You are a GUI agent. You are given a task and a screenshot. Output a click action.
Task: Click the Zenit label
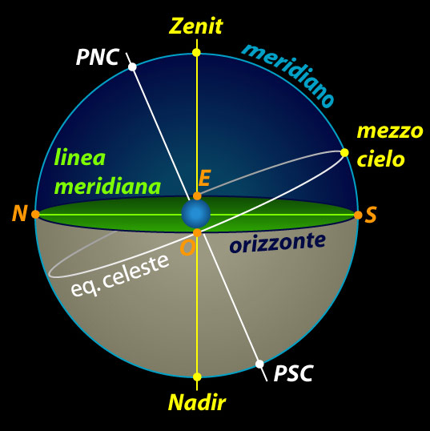point(196,26)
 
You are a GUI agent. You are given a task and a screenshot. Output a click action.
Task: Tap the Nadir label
point(197,402)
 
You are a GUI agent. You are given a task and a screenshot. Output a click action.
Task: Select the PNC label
point(98,57)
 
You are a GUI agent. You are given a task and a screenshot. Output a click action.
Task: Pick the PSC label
point(293,373)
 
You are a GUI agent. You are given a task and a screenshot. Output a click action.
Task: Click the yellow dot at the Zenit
point(196,52)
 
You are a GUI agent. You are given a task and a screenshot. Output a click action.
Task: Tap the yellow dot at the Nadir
point(197,377)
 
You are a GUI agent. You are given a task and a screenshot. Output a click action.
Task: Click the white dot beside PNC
point(132,66)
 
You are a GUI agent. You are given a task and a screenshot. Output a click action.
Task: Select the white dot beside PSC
point(259,365)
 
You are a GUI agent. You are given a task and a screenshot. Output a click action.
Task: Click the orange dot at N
point(35,214)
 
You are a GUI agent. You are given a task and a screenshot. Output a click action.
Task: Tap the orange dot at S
point(358,215)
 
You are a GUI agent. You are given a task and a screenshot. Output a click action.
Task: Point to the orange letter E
point(204,178)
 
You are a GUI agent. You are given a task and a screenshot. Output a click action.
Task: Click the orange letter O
point(188,248)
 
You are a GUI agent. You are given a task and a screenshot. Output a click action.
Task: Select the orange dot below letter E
point(197,196)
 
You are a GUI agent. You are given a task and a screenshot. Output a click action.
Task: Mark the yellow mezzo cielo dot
point(344,152)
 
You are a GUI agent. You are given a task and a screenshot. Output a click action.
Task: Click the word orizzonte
point(278,244)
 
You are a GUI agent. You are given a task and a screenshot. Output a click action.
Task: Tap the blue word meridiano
point(288,75)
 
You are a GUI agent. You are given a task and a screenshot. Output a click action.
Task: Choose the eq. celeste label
point(120,276)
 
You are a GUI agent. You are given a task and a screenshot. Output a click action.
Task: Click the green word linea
point(80,157)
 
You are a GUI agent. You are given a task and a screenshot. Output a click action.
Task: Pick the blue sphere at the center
point(196,214)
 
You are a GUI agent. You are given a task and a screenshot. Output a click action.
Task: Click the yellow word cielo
point(381,159)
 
